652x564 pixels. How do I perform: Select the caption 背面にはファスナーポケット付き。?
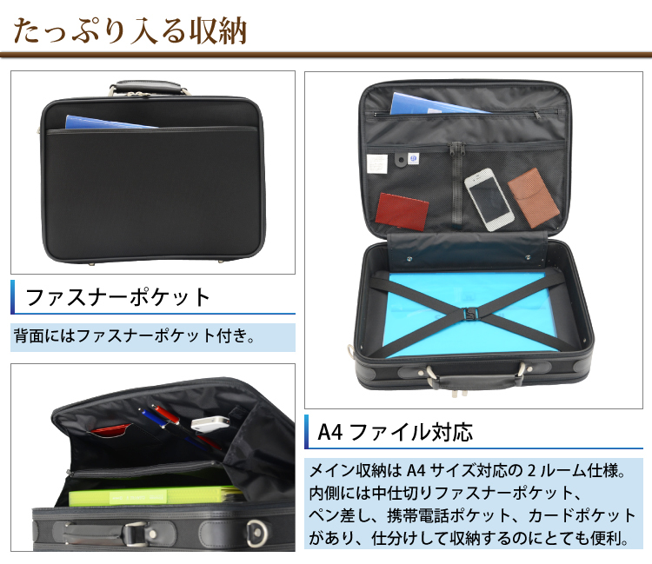pos(135,335)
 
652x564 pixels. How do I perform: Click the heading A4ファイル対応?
pos(396,431)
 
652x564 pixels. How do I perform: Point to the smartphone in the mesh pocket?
pos(488,198)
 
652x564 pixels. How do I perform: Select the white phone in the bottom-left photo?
pos(209,423)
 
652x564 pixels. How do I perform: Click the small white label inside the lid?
pos(376,162)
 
